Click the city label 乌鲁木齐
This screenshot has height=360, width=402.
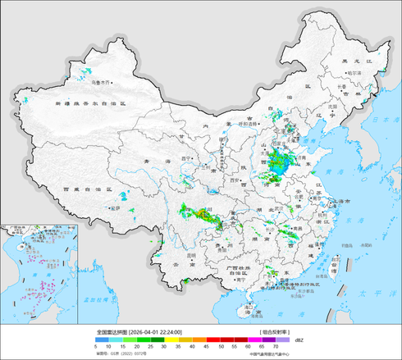100,82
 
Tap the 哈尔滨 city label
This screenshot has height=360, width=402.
354,73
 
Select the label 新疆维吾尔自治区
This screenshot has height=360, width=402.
90,104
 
